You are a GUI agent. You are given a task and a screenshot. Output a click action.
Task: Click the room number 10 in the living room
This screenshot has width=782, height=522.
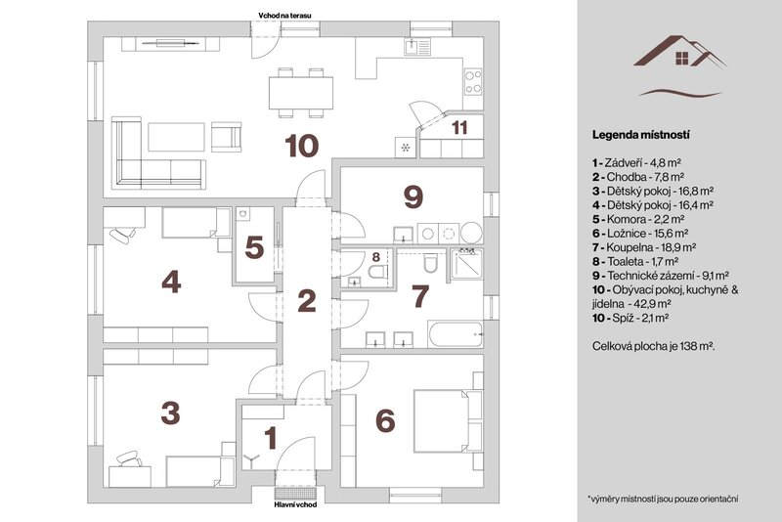pyautogui.click(x=302, y=146)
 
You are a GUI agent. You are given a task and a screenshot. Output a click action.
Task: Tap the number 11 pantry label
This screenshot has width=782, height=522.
pyautogui.click(x=459, y=128)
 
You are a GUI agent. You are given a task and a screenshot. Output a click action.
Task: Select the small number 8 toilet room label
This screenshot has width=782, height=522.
pyautogui.click(x=376, y=257)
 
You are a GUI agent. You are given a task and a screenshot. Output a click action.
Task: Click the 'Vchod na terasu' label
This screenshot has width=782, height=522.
pyautogui.click(x=284, y=16)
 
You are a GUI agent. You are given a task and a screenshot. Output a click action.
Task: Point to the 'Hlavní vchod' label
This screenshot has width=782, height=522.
pyautogui.click(x=295, y=504)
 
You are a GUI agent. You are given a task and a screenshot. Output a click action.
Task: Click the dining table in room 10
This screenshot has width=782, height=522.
pyautogui.click(x=301, y=93)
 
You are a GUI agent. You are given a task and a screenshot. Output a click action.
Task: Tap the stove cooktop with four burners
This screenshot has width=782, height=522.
pyautogui.click(x=473, y=82)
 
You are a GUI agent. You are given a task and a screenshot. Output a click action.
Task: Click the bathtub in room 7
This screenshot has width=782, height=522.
pyautogui.click(x=456, y=334)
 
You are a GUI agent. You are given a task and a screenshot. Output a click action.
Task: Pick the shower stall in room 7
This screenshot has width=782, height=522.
pyautogui.click(x=467, y=263)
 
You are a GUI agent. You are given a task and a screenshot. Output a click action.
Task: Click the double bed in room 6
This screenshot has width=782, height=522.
pyautogui.click(x=442, y=421)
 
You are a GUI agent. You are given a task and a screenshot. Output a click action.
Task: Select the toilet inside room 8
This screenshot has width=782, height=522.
pyautogui.click(x=377, y=272)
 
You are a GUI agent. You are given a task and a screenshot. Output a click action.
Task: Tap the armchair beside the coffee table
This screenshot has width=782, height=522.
pyautogui.click(x=227, y=137)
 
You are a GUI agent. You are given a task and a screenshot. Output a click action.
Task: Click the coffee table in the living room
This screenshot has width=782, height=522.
pyautogui.click(x=177, y=137)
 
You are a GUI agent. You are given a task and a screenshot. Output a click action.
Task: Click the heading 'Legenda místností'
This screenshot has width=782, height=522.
pyautogui.click(x=641, y=135)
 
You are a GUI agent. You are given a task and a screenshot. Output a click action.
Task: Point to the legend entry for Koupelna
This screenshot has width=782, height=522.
pyautogui.click(x=644, y=246)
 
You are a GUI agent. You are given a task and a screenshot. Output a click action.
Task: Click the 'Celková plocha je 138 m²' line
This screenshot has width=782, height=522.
pyautogui.click(x=654, y=345)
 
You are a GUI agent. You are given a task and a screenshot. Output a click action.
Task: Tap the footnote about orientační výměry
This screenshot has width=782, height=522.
pyautogui.click(x=664, y=499)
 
